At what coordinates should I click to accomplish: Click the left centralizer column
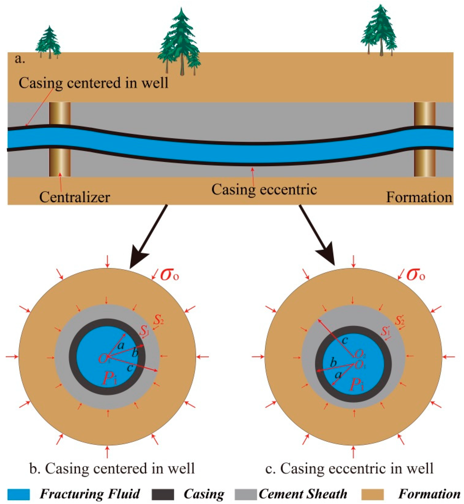[59, 139]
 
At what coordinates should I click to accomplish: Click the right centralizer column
[424, 139]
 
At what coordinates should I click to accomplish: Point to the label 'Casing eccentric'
[264, 190]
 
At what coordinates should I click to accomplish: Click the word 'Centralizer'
[75, 197]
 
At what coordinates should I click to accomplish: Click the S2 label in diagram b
[159, 320]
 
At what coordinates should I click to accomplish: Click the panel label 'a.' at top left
[20, 59]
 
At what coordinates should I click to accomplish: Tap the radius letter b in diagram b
[135, 353]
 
